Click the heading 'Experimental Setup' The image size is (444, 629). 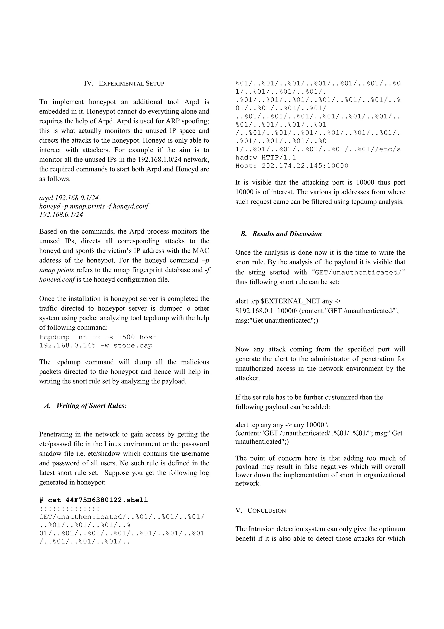131,84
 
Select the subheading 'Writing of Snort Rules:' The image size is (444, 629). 91,406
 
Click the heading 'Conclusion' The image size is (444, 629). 266,511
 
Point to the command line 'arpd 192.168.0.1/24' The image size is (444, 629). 69,198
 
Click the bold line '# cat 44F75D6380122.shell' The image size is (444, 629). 94,500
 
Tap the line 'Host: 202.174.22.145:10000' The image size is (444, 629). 292,166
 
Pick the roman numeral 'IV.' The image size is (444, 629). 89,84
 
